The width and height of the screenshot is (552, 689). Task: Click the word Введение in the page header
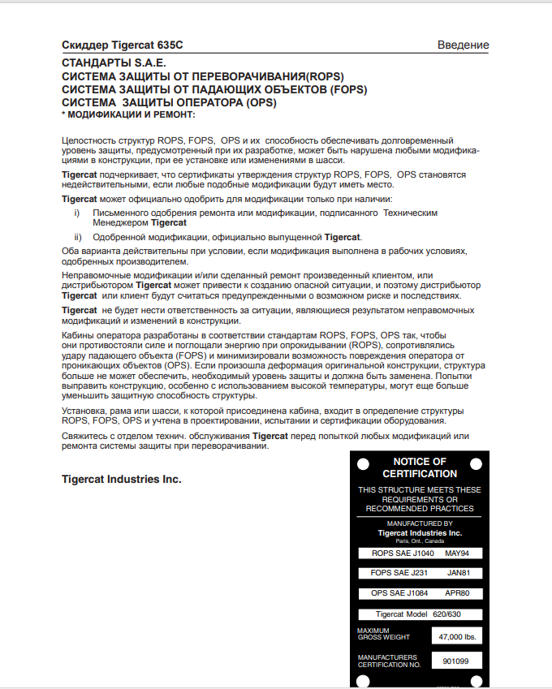[x=463, y=45]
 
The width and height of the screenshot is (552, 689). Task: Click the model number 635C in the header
[x=177, y=45]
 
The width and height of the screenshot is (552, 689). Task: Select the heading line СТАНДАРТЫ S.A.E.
[x=114, y=62]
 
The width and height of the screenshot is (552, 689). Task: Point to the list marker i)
[x=76, y=213]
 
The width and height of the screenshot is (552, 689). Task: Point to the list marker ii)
[x=78, y=238]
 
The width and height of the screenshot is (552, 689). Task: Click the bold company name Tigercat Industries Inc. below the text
[x=122, y=480]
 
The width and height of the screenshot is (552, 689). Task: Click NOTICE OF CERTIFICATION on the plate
[x=420, y=467]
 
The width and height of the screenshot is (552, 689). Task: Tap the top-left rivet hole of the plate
[x=364, y=463]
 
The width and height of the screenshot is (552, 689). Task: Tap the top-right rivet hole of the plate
[x=477, y=463]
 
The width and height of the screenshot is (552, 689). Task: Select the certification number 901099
[x=456, y=661]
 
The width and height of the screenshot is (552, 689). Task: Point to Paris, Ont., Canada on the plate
[x=420, y=540]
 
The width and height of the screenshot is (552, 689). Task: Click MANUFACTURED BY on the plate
[x=420, y=523]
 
